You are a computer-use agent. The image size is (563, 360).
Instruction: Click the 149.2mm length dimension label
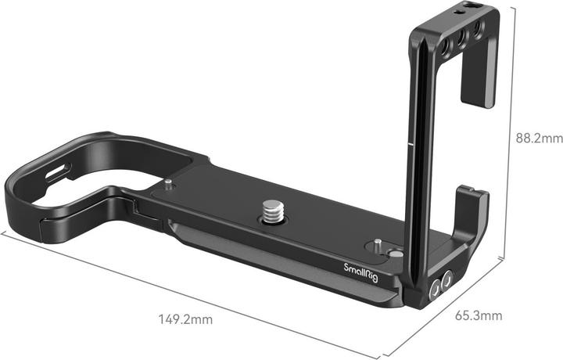[x=185, y=319]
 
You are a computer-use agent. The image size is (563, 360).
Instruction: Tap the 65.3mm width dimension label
[x=478, y=316]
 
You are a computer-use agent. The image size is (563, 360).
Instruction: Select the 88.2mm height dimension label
[x=540, y=139]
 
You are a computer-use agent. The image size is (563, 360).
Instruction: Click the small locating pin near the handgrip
[x=168, y=185]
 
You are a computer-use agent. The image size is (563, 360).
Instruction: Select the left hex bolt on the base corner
[x=435, y=291]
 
